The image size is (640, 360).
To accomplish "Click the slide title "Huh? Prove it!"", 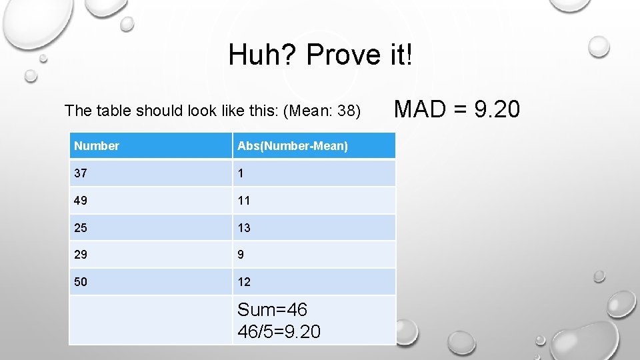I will tap(320, 55).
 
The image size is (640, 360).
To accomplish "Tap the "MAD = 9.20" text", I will tap(457, 109).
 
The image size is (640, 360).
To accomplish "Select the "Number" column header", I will tap(97, 146).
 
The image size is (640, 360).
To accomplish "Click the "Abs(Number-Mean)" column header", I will tap(292, 146).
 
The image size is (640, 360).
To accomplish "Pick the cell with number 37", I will tap(81, 173).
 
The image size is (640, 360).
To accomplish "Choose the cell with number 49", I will tap(81, 200).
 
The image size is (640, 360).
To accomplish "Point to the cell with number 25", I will tap(81, 227).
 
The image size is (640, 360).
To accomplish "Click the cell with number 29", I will tap(81, 255).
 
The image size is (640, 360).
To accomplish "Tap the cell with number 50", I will tap(81, 282).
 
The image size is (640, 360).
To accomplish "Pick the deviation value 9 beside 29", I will tap(241, 255).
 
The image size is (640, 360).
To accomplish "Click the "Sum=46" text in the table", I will tap(272, 310).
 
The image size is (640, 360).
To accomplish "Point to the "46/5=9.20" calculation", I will tap(279, 331).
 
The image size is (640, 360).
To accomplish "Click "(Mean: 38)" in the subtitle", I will tap(321, 110).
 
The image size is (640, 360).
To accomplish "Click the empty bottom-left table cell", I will tap(151, 320).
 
